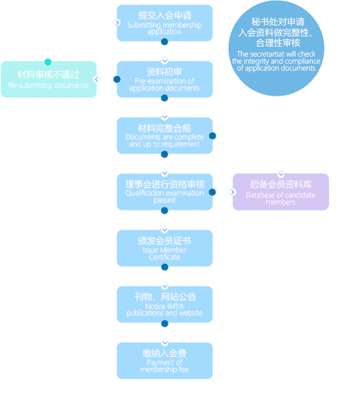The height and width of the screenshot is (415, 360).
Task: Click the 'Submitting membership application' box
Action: (x=164, y=23)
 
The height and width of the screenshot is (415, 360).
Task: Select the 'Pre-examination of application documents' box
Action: (x=164, y=79)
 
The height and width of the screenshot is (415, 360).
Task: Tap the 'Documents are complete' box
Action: (x=164, y=135)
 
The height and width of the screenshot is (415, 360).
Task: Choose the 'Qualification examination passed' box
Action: (x=164, y=192)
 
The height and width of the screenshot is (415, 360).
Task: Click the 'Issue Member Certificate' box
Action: (x=164, y=248)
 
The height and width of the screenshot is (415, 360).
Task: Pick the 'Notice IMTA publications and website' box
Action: (x=164, y=304)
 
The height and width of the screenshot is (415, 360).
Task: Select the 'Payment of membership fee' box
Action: (x=164, y=361)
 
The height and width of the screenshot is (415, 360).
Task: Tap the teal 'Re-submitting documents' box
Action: (x=48, y=79)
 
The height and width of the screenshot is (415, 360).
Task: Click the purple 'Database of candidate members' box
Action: (x=280, y=192)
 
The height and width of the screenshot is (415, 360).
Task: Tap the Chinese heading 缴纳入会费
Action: (x=164, y=353)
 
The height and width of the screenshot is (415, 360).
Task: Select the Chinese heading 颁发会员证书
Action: (x=164, y=241)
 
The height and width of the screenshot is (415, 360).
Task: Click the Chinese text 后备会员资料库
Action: (x=280, y=184)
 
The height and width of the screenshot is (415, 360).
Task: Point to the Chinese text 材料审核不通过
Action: (x=48, y=75)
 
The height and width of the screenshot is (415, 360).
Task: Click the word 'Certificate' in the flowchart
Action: (x=164, y=257)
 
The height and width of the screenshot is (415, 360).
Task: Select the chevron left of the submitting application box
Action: (x=117, y=22)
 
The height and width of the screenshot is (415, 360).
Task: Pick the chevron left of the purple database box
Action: (x=233, y=192)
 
